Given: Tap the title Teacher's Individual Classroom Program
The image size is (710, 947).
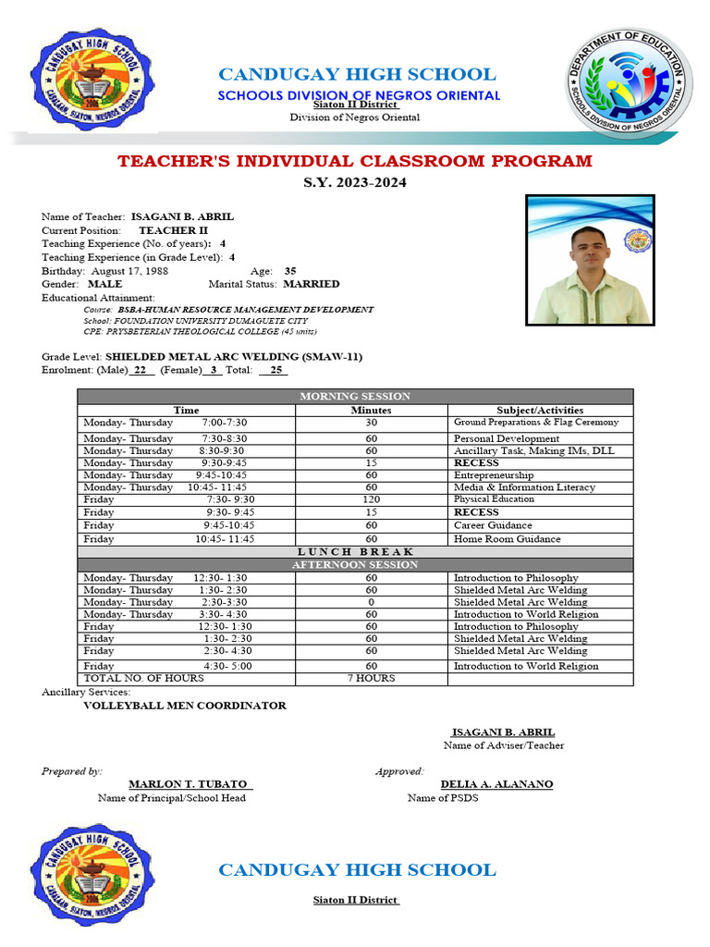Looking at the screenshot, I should (354, 162).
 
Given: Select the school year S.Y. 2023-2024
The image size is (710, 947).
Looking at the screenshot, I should (354, 183).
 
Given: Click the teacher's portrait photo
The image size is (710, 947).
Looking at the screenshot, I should (590, 260).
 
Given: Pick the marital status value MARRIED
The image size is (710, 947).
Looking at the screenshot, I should (311, 284).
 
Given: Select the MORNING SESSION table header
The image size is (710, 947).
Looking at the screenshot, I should (355, 397).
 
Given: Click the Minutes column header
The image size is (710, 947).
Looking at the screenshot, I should (371, 410).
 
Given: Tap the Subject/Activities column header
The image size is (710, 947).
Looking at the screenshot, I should (541, 410).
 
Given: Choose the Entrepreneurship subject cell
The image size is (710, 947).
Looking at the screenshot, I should (494, 474).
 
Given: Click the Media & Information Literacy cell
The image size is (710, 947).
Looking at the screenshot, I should (524, 486).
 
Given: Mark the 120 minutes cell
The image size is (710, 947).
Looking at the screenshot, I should (371, 499).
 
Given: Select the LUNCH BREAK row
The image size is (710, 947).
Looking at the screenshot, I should (355, 551).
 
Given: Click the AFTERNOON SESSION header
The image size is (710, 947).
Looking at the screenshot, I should (355, 564).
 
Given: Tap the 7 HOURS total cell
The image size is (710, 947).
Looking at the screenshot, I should (371, 679).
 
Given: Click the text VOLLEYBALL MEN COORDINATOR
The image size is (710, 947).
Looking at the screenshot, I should (185, 706).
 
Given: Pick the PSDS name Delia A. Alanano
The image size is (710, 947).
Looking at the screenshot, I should (496, 784).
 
